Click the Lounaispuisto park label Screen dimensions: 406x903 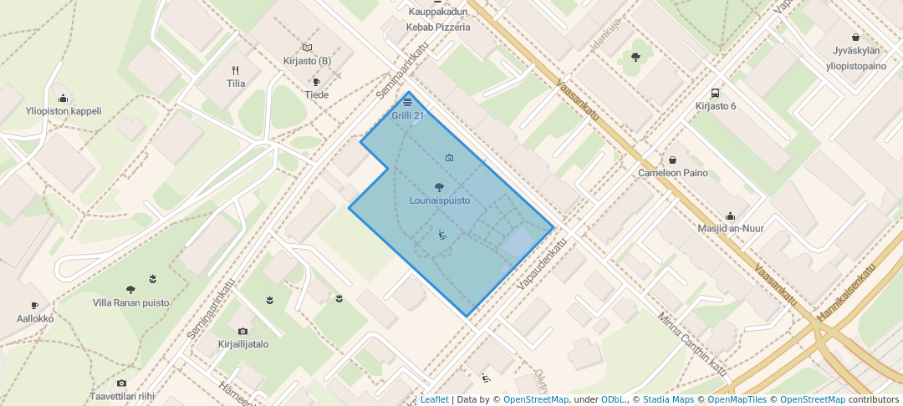(x=440, y=200)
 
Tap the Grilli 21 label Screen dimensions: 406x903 (x=407, y=115)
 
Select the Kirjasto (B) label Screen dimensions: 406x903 (x=307, y=61)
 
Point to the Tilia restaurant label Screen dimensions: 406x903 (x=236, y=84)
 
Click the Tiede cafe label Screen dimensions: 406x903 (x=316, y=94)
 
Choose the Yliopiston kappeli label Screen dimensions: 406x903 (x=64, y=110)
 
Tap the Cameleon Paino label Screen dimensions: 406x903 (x=673, y=173)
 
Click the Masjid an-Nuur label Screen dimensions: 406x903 (x=731, y=228)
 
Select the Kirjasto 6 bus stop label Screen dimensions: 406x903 (x=716, y=106)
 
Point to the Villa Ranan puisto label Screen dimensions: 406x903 (x=130, y=302)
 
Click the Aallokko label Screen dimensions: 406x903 (x=35, y=318)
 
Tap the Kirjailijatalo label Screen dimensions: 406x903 (x=242, y=343)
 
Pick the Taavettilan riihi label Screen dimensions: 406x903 (x=123, y=397)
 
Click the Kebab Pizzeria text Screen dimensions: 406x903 (x=438, y=27)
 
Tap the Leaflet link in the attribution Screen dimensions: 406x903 (x=434, y=399)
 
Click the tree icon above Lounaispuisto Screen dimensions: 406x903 (x=440, y=187)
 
